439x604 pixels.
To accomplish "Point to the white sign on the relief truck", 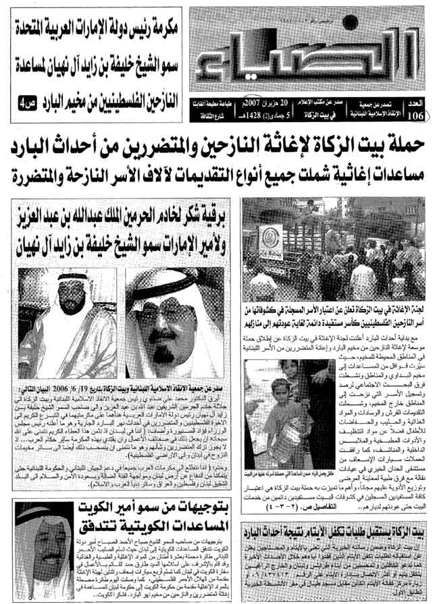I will tap(271, 241).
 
